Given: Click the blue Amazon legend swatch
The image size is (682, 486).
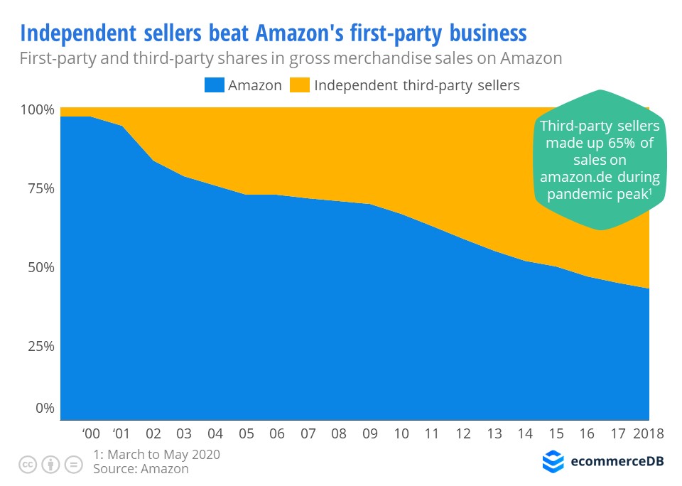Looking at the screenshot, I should (214, 85).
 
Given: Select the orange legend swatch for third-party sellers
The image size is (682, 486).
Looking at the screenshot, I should (300, 85).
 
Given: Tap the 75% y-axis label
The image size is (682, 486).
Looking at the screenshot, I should (40, 189).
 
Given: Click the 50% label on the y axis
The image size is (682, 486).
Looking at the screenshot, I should (40, 268).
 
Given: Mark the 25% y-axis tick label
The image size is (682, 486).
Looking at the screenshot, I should (40, 347).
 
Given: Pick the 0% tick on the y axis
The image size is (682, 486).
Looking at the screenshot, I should (45, 409).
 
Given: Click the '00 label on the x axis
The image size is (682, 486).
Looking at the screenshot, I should (90, 434).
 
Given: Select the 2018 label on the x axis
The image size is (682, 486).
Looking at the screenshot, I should (648, 434).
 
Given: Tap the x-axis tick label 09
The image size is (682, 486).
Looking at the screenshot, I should (370, 434).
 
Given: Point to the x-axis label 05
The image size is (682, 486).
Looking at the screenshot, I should (247, 434).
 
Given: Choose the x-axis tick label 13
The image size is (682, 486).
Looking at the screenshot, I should (494, 434).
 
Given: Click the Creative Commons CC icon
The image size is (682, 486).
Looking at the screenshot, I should (28, 465).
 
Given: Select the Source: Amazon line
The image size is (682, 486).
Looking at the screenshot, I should (141, 469).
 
